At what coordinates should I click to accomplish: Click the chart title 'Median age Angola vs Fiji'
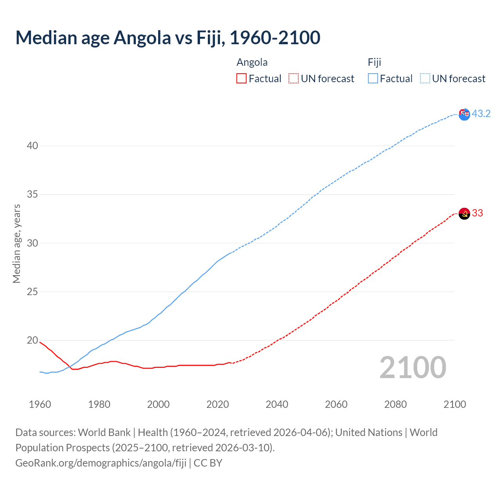point(168,38)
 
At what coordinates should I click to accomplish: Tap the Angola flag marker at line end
point(464,214)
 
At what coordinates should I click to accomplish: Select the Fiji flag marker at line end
point(464,114)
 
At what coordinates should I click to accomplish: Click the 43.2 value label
point(481,114)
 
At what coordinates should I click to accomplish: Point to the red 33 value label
point(478,213)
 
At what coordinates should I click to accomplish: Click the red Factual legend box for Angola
point(241,78)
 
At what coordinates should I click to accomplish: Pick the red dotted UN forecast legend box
point(293,78)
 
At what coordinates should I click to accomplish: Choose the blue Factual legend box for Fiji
point(373,78)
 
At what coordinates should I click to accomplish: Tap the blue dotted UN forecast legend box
point(425,78)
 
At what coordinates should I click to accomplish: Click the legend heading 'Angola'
point(252,62)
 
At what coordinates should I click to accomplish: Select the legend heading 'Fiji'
point(374,62)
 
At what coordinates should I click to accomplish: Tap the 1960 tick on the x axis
point(40,404)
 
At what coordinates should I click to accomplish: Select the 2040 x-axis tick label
point(277,404)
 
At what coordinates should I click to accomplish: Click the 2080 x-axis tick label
point(395,404)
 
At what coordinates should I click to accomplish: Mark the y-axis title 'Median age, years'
point(16,243)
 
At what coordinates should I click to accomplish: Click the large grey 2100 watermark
point(413,367)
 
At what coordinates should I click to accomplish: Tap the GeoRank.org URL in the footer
point(101,463)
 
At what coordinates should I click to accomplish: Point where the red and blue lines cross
point(69,367)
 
